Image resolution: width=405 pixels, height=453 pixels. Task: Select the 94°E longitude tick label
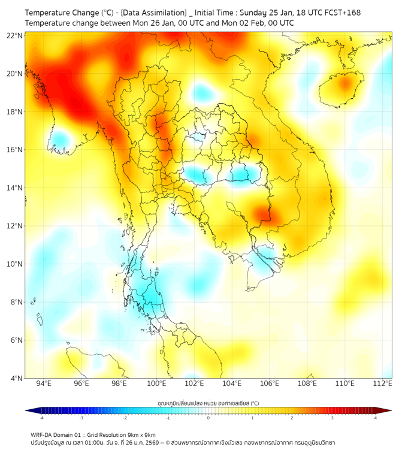(x=44, y=383)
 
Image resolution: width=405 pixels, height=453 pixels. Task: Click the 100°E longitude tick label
(x=156, y=383)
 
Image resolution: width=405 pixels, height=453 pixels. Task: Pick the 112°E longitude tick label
(x=382, y=383)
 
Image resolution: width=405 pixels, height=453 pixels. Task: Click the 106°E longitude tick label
(x=270, y=383)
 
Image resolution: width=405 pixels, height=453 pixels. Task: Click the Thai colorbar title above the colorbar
(x=208, y=403)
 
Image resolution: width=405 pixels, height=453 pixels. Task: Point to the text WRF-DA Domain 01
(x=59, y=434)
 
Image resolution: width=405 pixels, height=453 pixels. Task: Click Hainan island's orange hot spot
(x=344, y=84)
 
